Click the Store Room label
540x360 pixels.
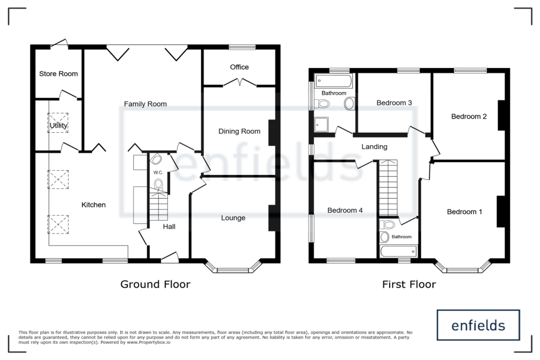tap(58, 74)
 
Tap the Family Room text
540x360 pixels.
tap(146, 104)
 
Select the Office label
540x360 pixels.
tap(239, 67)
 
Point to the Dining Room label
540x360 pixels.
tap(239, 131)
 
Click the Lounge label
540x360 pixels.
tap(233, 218)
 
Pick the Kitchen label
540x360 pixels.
tap(93, 205)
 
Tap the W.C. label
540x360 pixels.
tap(158, 172)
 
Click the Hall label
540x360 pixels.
tap(169, 227)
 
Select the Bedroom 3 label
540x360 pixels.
tap(394, 103)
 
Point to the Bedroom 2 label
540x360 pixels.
tap(469, 116)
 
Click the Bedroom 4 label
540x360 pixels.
tap(345, 210)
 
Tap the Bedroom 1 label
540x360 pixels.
tap(464, 212)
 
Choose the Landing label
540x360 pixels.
tap(374, 147)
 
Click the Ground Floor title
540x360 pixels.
tap(156, 284)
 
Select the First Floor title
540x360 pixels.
tap(409, 284)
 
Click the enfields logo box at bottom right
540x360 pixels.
tap(478, 325)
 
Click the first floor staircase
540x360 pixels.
tap(388, 188)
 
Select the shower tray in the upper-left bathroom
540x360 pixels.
tap(321, 124)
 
